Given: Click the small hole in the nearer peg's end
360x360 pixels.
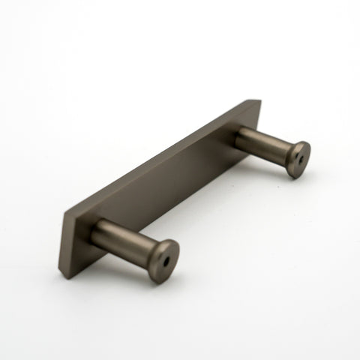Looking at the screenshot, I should [x=164, y=263].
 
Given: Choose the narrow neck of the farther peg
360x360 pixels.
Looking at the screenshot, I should [x=282, y=149].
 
